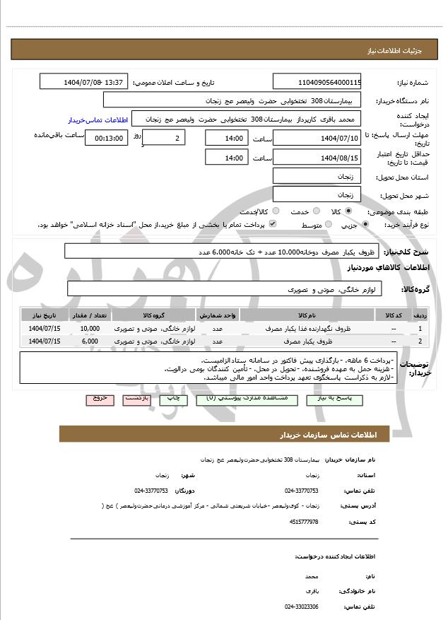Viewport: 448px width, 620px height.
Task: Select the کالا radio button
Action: (x=348, y=211)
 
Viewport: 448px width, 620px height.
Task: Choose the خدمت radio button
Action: (x=315, y=211)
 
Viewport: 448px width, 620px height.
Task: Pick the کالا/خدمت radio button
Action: (x=276, y=211)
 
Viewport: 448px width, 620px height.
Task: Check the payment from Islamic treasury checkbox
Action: (x=273, y=224)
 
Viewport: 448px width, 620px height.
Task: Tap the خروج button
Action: (x=99, y=399)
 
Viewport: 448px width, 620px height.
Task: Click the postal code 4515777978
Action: (x=304, y=521)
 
